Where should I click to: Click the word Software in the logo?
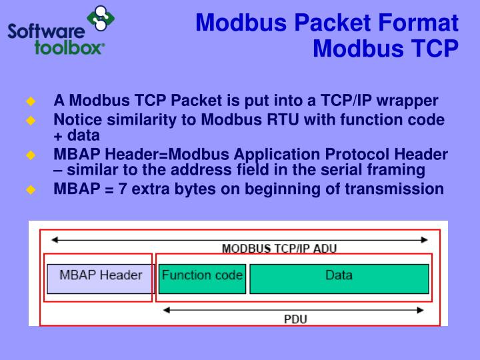pyautogui.click(x=47, y=31)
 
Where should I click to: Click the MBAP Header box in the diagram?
pyautogui.click(x=101, y=278)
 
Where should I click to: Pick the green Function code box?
pyautogui.click(x=202, y=278)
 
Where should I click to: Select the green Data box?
pyautogui.click(x=339, y=278)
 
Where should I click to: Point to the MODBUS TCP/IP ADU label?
pyautogui.click(x=279, y=249)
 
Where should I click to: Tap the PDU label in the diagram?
pyautogui.click(x=295, y=319)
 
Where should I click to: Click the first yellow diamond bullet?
pyautogui.click(x=30, y=101)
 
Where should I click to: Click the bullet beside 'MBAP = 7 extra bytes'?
pyautogui.click(x=30, y=189)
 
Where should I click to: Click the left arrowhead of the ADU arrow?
pyautogui.click(x=55, y=239)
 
